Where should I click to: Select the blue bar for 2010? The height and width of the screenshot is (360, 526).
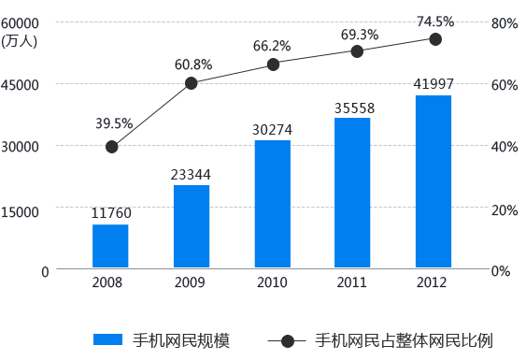pyautogui.click(x=273, y=205)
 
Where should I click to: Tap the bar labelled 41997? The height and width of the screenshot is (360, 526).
pyautogui.click(x=434, y=182)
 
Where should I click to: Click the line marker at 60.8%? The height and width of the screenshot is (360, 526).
pyautogui.click(x=192, y=83)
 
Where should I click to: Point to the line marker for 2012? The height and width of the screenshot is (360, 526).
pyautogui.click(x=435, y=38)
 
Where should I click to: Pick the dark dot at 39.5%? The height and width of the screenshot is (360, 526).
pyautogui.click(x=112, y=146)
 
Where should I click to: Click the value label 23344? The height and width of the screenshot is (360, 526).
pyautogui.click(x=191, y=174)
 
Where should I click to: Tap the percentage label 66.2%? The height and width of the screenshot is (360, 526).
pyautogui.click(x=272, y=45)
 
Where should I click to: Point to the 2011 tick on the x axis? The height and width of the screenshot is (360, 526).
pyautogui.click(x=352, y=282)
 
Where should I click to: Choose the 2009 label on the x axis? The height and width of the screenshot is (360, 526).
pyautogui.click(x=190, y=282)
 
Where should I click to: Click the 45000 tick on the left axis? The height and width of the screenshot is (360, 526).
pyautogui.click(x=20, y=85)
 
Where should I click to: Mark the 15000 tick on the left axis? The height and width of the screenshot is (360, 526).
pyautogui.click(x=20, y=211)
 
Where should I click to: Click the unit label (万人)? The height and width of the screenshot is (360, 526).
pyautogui.click(x=20, y=39)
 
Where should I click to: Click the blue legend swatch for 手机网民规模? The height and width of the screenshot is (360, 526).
pyautogui.click(x=107, y=340)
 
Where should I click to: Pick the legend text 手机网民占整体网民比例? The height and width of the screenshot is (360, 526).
pyautogui.click(x=404, y=340)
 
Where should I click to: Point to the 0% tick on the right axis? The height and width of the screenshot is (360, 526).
pyautogui.click(x=504, y=271)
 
